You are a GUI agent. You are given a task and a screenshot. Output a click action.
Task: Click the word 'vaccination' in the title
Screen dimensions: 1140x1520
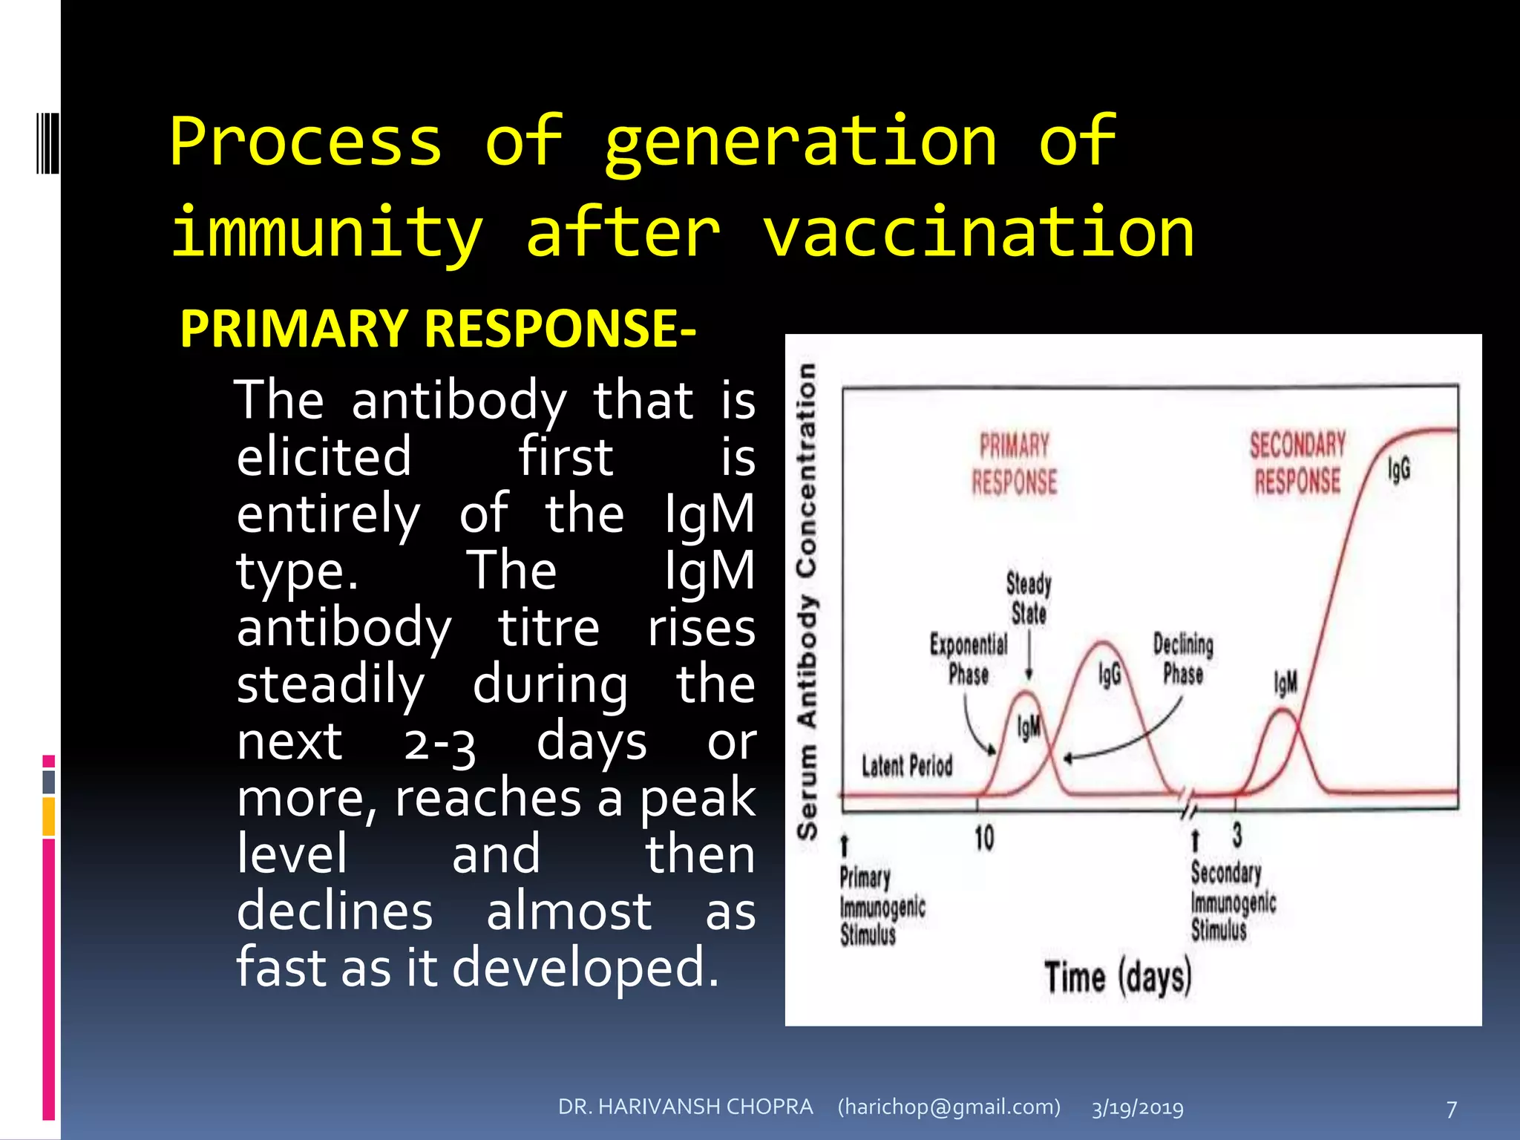coord(978,233)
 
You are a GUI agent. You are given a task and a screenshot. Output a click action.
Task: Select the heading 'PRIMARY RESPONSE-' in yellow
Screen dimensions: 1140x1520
coord(438,329)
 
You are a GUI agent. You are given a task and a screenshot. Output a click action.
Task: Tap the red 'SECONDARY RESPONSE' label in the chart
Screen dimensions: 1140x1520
coord(1297,463)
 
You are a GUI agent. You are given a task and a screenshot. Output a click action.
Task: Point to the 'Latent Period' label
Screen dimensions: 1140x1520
coord(906,765)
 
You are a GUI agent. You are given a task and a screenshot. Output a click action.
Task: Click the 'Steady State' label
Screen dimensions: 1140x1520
coord(1029,598)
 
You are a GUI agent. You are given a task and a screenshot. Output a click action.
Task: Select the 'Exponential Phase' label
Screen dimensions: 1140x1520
coord(969,659)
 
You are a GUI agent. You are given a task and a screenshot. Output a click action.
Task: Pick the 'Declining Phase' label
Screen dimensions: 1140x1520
coord(1183,658)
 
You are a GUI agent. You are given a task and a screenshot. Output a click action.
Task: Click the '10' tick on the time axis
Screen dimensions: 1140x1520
coord(984,839)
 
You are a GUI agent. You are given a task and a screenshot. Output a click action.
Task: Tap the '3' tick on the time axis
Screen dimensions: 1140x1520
coord(1237,835)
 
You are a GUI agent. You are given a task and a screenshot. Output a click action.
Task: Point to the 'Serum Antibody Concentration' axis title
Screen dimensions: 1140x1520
coord(807,601)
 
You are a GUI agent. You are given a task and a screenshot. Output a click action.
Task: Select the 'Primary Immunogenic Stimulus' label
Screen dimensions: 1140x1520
coord(882,905)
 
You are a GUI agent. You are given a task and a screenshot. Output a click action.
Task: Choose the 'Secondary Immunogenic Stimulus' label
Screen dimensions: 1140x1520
coord(1233,901)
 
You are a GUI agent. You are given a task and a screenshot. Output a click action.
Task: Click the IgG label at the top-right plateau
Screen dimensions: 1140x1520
coord(1399,469)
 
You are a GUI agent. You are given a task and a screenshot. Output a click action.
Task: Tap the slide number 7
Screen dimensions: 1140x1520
coord(1452,1109)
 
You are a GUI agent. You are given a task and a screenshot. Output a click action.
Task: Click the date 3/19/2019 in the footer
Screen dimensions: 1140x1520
coord(1137,1108)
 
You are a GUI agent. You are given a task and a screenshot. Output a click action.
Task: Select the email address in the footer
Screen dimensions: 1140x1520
coord(949,1107)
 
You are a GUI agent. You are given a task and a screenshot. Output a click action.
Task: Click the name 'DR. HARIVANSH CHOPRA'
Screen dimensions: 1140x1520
coord(685,1107)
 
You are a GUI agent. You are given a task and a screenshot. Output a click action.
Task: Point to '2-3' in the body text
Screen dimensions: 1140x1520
coord(439,744)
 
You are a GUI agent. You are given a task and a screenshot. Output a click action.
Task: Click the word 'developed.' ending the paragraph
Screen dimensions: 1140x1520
coord(586,968)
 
